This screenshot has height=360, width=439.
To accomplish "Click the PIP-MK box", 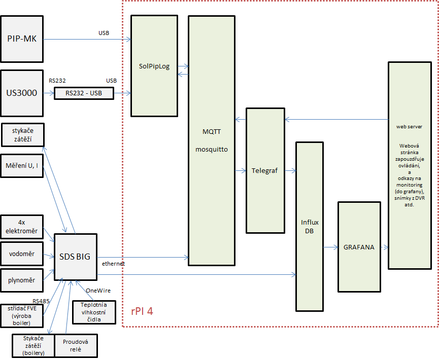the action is click(22, 39).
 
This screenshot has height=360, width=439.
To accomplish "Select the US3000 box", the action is click(22, 93).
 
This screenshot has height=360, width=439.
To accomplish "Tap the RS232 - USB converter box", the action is click(84, 93).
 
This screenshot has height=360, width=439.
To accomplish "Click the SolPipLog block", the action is click(154, 66).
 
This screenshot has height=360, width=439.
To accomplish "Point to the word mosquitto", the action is click(212, 150).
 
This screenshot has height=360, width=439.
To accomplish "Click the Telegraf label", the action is click(264, 171).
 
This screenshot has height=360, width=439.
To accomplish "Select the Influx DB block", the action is click(310, 227).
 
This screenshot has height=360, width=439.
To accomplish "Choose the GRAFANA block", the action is click(359, 247).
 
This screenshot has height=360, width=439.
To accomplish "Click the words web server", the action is click(409, 127).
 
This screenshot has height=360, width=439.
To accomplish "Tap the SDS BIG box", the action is click(75, 257).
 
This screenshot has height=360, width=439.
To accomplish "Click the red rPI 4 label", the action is click(142, 311).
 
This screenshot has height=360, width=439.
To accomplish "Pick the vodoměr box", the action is click(22, 254).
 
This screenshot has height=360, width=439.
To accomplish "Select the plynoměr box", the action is click(22, 280).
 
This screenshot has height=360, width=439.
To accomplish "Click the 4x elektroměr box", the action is click(22, 227).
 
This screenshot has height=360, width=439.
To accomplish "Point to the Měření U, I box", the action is click(22, 166).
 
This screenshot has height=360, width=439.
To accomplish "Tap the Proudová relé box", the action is click(76, 345).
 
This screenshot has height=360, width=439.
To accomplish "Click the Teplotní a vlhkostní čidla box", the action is click(94, 312).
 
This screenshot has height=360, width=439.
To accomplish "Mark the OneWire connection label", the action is click(98, 291).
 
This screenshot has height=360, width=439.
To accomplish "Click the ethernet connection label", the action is click(113, 264).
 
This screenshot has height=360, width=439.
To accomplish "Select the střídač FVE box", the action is click(22, 316).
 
